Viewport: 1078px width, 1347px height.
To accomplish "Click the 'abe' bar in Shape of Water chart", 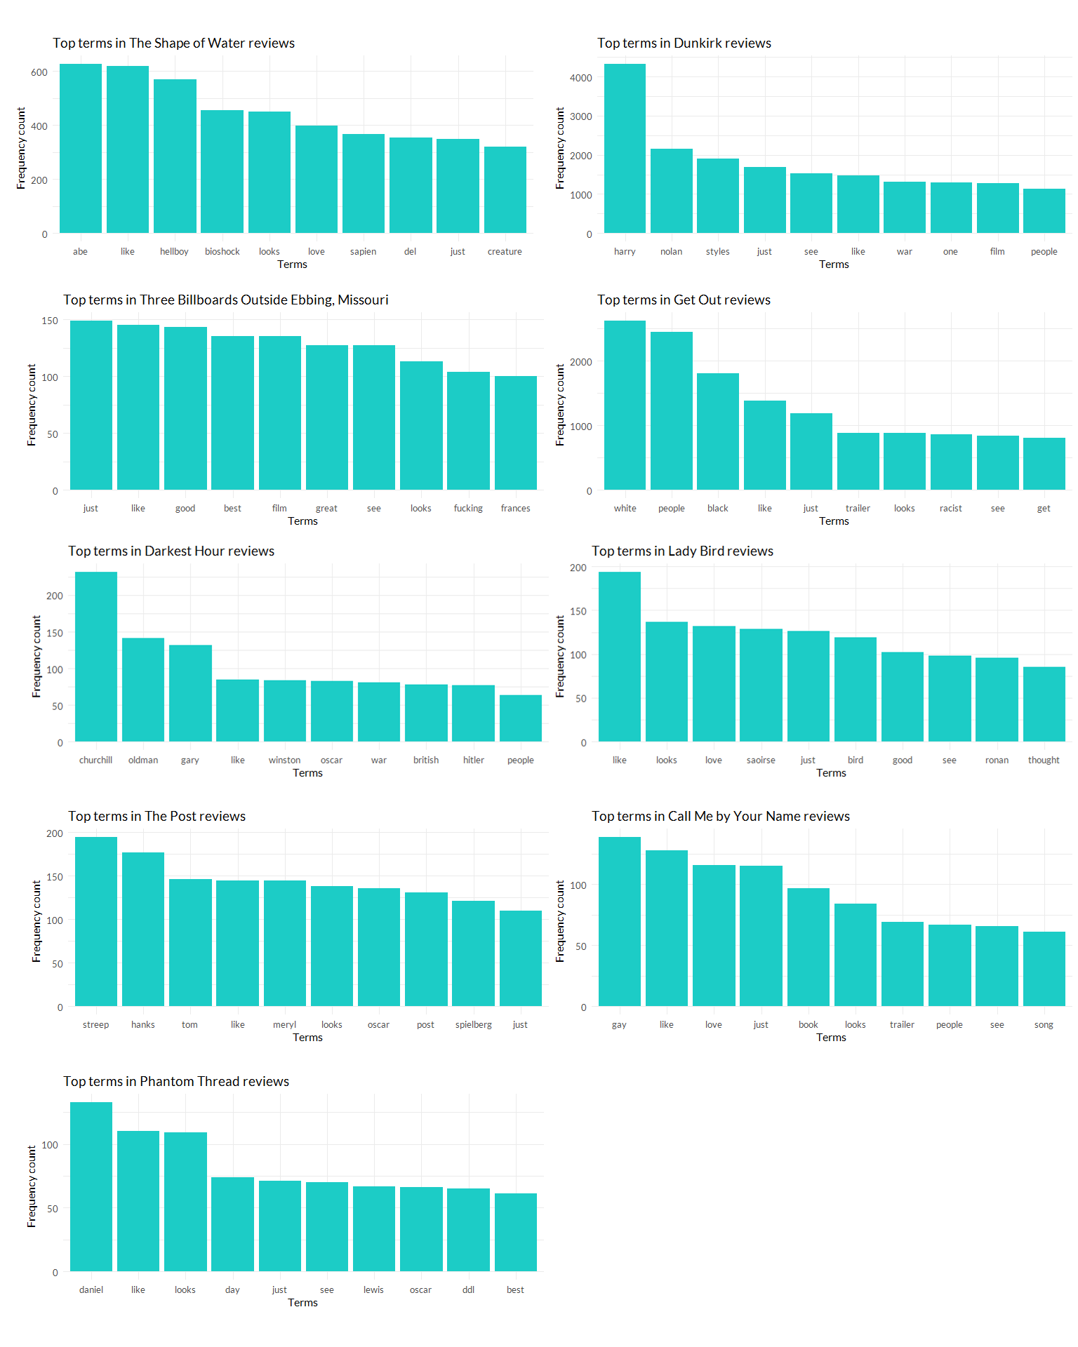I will [x=81, y=149].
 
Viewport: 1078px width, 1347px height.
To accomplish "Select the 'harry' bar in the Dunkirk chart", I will [x=625, y=149].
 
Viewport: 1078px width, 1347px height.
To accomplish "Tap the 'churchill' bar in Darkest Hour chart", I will [x=96, y=657].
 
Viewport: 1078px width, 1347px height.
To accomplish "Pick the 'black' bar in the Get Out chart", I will [x=718, y=431].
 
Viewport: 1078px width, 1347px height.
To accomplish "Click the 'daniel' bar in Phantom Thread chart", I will [x=91, y=1186].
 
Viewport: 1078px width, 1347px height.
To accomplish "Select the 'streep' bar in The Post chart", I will [x=96, y=921].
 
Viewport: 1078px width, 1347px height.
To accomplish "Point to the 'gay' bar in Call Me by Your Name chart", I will [x=619, y=921].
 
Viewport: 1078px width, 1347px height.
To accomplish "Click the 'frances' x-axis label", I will [x=515, y=509].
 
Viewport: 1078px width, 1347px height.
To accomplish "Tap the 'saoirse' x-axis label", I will [x=761, y=760].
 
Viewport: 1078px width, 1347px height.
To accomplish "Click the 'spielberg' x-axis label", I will [x=473, y=1025].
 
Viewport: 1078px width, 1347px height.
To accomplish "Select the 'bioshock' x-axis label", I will [x=222, y=252].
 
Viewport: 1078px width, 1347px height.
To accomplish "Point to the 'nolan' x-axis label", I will [x=671, y=252].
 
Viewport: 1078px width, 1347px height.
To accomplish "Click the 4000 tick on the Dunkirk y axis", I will [x=581, y=78].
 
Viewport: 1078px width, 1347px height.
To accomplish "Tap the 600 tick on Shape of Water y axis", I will [x=39, y=72].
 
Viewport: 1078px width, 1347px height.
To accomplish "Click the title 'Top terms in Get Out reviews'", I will [x=684, y=300].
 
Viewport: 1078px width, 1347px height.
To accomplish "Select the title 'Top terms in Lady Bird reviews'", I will [x=682, y=551].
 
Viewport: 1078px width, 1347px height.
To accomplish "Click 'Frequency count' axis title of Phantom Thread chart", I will [x=32, y=1186].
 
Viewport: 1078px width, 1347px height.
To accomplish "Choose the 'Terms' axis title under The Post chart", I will [x=307, y=1038].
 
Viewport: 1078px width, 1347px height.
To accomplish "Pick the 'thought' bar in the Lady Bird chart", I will [x=1044, y=704].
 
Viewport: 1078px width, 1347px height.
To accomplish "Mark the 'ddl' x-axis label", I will [x=468, y=1290].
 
